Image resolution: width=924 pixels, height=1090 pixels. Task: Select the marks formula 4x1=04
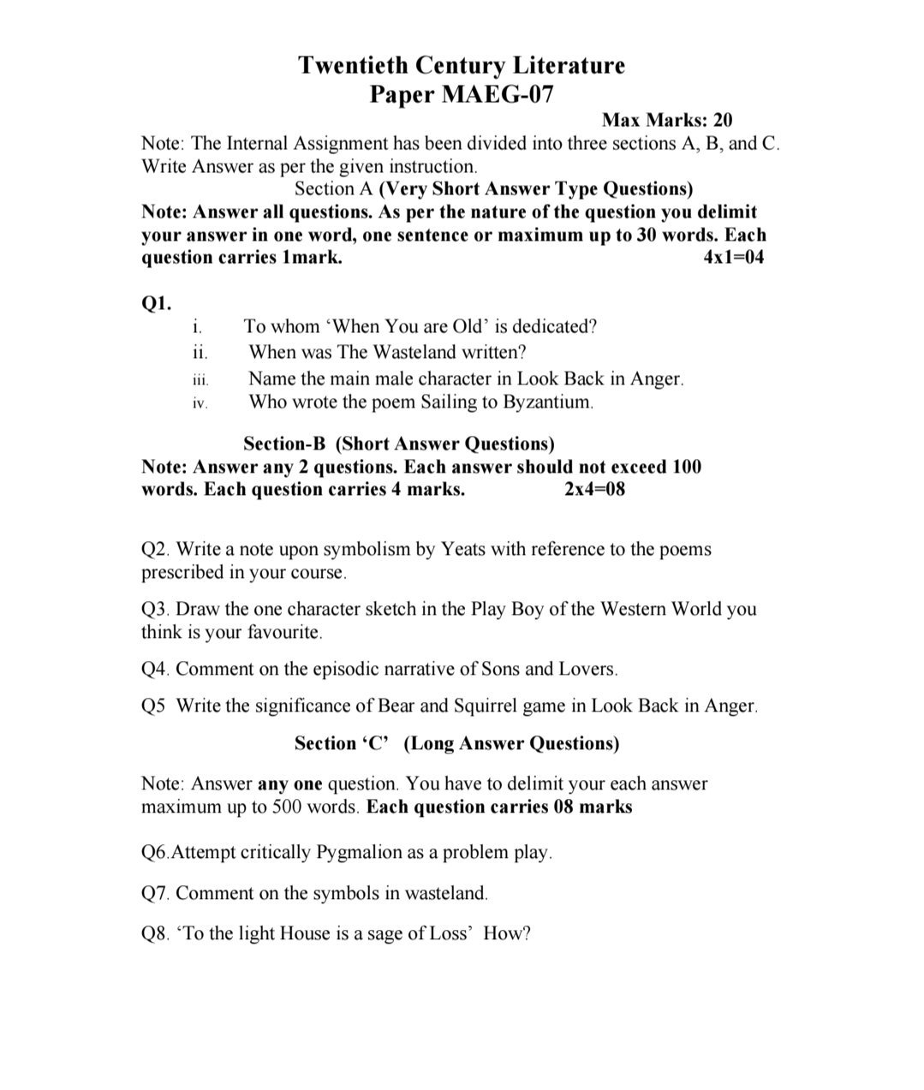[732, 258]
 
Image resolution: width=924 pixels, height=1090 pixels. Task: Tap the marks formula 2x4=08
[594, 490]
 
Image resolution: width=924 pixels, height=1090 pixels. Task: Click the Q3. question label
[156, 610]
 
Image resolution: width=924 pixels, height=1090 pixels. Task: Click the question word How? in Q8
[507, 933]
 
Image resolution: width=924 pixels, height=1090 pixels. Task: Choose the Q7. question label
[156, 894]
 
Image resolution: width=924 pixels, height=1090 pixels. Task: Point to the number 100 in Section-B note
[686, 467]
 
